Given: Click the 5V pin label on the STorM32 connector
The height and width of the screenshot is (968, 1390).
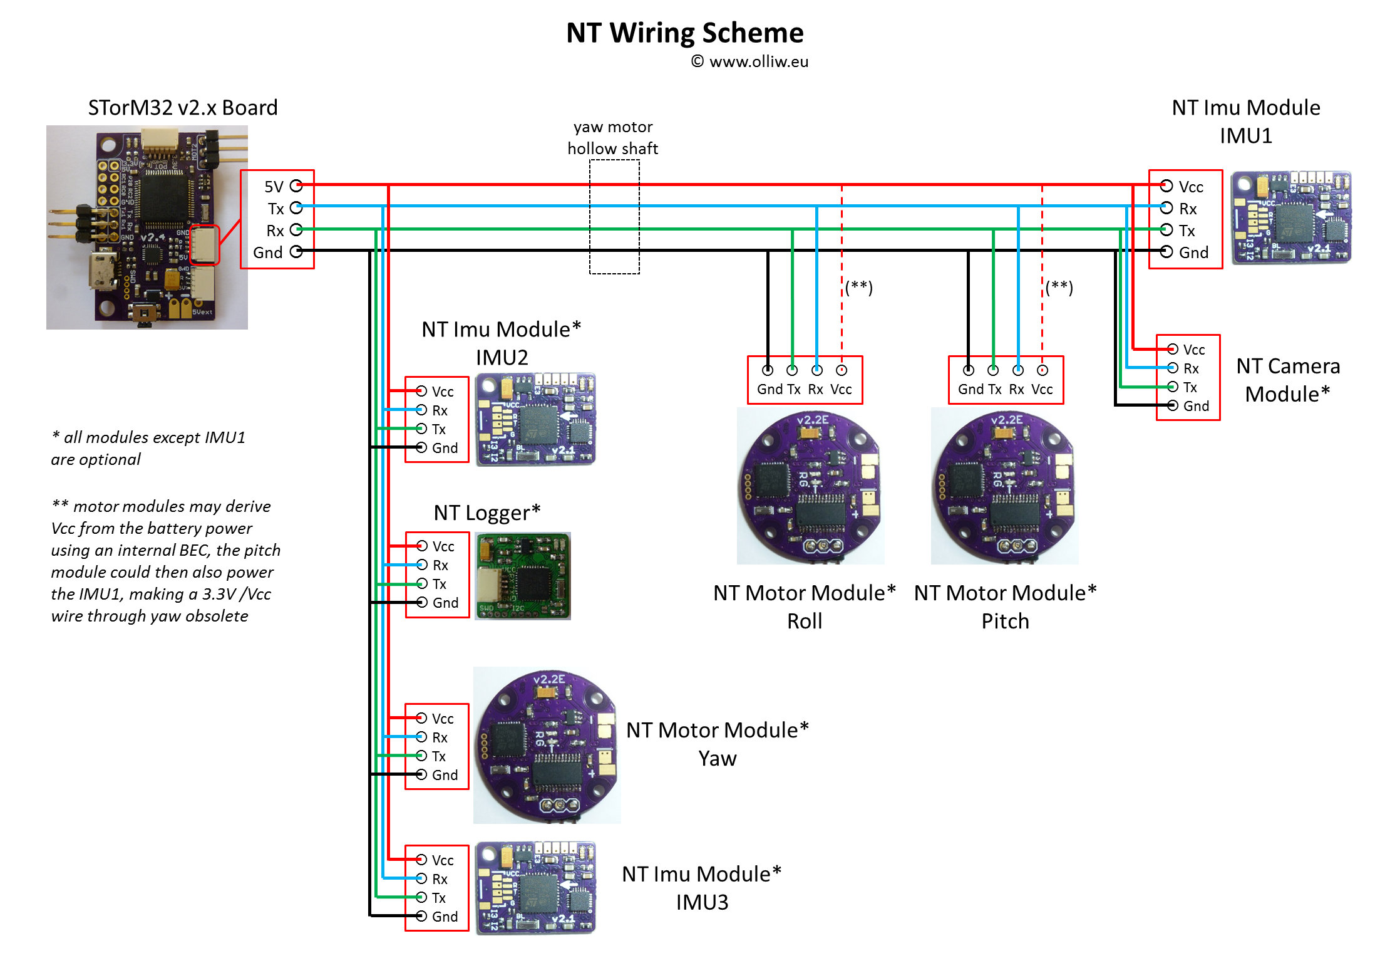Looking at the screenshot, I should [274, 187].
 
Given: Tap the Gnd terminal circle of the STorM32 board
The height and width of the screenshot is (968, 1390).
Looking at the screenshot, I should [296, 252].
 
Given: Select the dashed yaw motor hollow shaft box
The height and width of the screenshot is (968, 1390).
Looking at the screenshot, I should [614, 217].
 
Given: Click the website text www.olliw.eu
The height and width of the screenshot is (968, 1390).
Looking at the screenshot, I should [758, 61].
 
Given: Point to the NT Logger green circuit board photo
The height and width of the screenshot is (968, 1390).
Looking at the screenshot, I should [523, 576].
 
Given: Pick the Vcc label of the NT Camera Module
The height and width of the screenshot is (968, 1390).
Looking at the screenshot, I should [1193, 350].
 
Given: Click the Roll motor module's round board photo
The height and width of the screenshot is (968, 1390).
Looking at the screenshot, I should [810, 487].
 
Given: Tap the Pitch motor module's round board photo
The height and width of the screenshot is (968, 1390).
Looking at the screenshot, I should [1004, 487].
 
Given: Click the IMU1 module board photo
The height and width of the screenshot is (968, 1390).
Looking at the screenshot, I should [1291, 217].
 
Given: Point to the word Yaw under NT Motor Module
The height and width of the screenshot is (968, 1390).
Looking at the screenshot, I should [718, 759].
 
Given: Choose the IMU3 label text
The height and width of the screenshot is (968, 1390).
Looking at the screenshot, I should [702, 902].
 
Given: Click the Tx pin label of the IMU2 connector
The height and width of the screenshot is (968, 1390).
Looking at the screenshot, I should [439, 429].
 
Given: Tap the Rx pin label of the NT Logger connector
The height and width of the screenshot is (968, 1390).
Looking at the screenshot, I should [440, 565].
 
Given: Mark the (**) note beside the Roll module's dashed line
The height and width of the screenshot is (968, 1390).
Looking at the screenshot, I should [859, 287].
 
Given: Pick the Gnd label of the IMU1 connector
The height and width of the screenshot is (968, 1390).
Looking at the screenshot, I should [1193, 252].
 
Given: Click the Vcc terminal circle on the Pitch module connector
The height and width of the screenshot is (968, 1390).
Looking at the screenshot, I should [1042, 370].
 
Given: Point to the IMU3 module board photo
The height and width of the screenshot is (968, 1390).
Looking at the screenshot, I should [535, 888].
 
